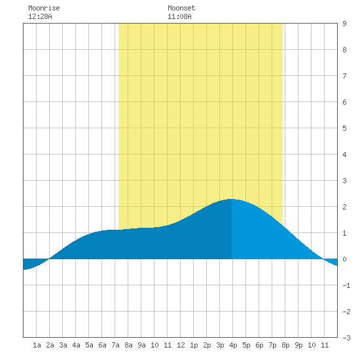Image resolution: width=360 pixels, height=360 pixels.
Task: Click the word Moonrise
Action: [x=44, y=8]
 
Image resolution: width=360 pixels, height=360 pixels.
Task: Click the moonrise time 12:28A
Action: [x=40, y=16]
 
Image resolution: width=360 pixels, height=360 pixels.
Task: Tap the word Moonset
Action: [x=181, y=8]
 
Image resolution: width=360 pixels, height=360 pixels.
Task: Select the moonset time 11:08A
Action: [x=179, y=16]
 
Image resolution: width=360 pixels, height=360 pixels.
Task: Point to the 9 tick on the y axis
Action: [x=344, y=24]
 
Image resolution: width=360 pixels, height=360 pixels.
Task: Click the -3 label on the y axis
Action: [x=346, y=338]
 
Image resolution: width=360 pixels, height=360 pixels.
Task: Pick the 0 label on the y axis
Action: [x=344, y=259]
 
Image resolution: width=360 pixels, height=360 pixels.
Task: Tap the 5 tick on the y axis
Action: [x=344, y=128]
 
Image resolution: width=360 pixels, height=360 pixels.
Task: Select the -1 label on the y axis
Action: [x=346, y=285]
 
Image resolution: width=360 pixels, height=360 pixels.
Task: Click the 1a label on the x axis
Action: [x=37, y=345]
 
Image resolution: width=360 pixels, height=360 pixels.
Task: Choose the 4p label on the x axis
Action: [x=233, y=345]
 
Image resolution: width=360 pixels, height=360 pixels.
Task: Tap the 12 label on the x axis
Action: [x=181, y=345]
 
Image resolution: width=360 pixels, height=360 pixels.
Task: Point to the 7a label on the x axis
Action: [x=115, y=345]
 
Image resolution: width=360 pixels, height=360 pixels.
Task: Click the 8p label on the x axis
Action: [x=285, y=345]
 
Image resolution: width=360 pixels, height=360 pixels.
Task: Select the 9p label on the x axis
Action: [x=298, y=345]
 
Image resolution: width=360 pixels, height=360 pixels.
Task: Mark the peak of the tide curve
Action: [x=232, y=199]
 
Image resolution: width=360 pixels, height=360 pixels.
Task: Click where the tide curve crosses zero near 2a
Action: [x=49, y=259]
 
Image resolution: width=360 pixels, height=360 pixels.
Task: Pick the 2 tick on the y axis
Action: [x=344, y=207]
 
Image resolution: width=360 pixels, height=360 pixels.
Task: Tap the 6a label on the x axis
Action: [x=102, y=345]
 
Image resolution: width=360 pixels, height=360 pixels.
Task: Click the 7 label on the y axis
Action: [x=344, y=76]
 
